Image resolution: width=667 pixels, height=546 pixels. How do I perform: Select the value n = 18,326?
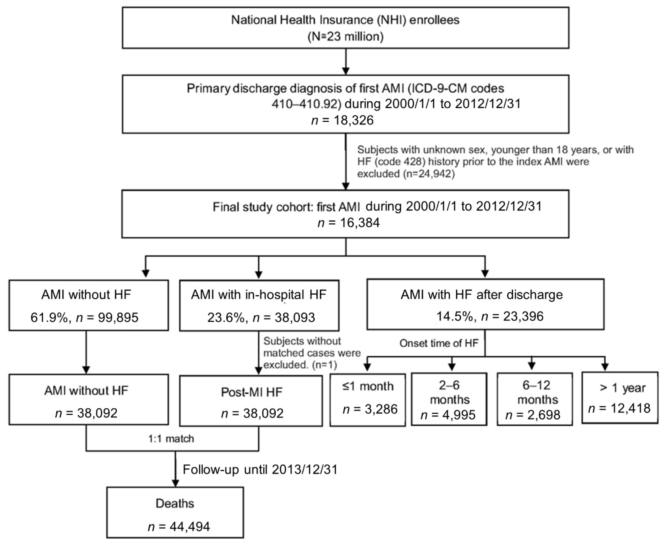pos(342,120)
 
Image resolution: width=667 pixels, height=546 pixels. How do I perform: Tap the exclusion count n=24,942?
pos(429,174)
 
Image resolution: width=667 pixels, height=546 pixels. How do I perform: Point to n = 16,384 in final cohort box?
pos(349,223)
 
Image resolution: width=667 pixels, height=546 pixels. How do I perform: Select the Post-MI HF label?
pos(251,392)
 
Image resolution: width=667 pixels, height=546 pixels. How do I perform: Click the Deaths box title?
pos(175,504)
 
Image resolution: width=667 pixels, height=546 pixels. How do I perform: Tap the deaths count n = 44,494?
pos(179,527)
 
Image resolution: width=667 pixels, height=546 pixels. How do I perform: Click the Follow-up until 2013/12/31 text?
pos(260,470)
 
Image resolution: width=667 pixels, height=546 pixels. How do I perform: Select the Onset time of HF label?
pos(439,343)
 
